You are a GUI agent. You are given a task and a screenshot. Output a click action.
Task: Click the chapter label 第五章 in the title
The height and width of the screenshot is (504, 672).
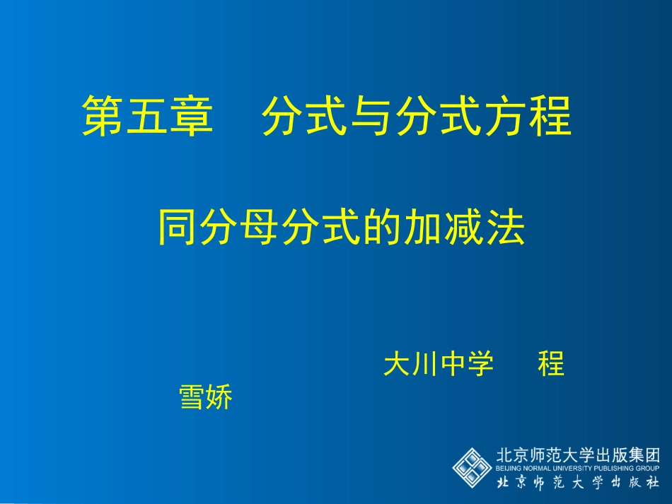[148, 116]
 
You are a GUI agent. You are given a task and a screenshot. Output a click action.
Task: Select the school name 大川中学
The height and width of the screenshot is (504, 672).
[438, 365]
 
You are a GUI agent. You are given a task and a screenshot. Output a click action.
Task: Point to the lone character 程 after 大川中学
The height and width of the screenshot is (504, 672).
[551, 365]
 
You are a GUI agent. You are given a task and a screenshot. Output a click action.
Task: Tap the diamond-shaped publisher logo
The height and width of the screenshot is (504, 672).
[472, 467]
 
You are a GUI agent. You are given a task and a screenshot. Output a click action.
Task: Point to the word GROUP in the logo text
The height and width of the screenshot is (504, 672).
[649, 468]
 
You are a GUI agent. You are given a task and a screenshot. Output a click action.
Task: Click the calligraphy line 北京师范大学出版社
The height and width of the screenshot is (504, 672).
[578, 483]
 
